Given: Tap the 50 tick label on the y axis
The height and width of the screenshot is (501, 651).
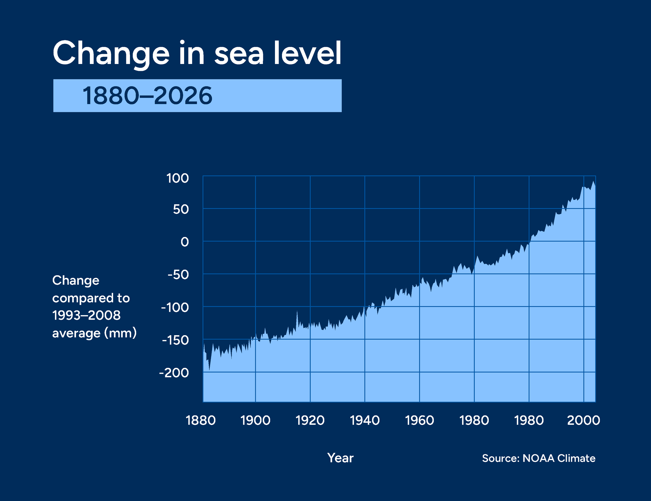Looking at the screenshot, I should tap(181, 210).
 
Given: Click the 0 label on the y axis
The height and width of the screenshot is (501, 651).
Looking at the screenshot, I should tap(185, 242).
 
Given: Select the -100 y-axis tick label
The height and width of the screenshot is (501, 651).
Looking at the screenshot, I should tap(175, 307).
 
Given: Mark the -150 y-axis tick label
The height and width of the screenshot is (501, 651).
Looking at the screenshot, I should tap(175, 340).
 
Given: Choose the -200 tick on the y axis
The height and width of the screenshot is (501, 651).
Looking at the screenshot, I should tap(174, 373).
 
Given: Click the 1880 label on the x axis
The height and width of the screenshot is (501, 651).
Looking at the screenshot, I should tap(201, 420).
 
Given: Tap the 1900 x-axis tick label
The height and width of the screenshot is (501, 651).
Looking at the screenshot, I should tap(255, 420).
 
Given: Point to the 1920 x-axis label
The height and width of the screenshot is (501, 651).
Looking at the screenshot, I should tap(310, 420).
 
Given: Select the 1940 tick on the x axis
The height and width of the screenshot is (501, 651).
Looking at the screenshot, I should tap(365, 420).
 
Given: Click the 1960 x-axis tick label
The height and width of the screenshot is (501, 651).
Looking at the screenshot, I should tap(420, 420).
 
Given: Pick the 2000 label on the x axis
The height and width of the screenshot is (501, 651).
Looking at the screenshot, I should tap(583, 420).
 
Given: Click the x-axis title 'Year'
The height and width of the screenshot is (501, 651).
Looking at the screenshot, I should tap(340, 458).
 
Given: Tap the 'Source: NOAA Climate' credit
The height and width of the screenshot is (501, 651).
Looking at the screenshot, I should tap(539, 458).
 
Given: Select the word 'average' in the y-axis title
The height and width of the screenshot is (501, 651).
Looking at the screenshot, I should tap(76, 333).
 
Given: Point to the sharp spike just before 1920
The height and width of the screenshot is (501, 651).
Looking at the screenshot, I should tap(297, 312).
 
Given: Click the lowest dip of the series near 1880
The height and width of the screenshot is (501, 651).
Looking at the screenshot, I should tap(209, 369).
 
